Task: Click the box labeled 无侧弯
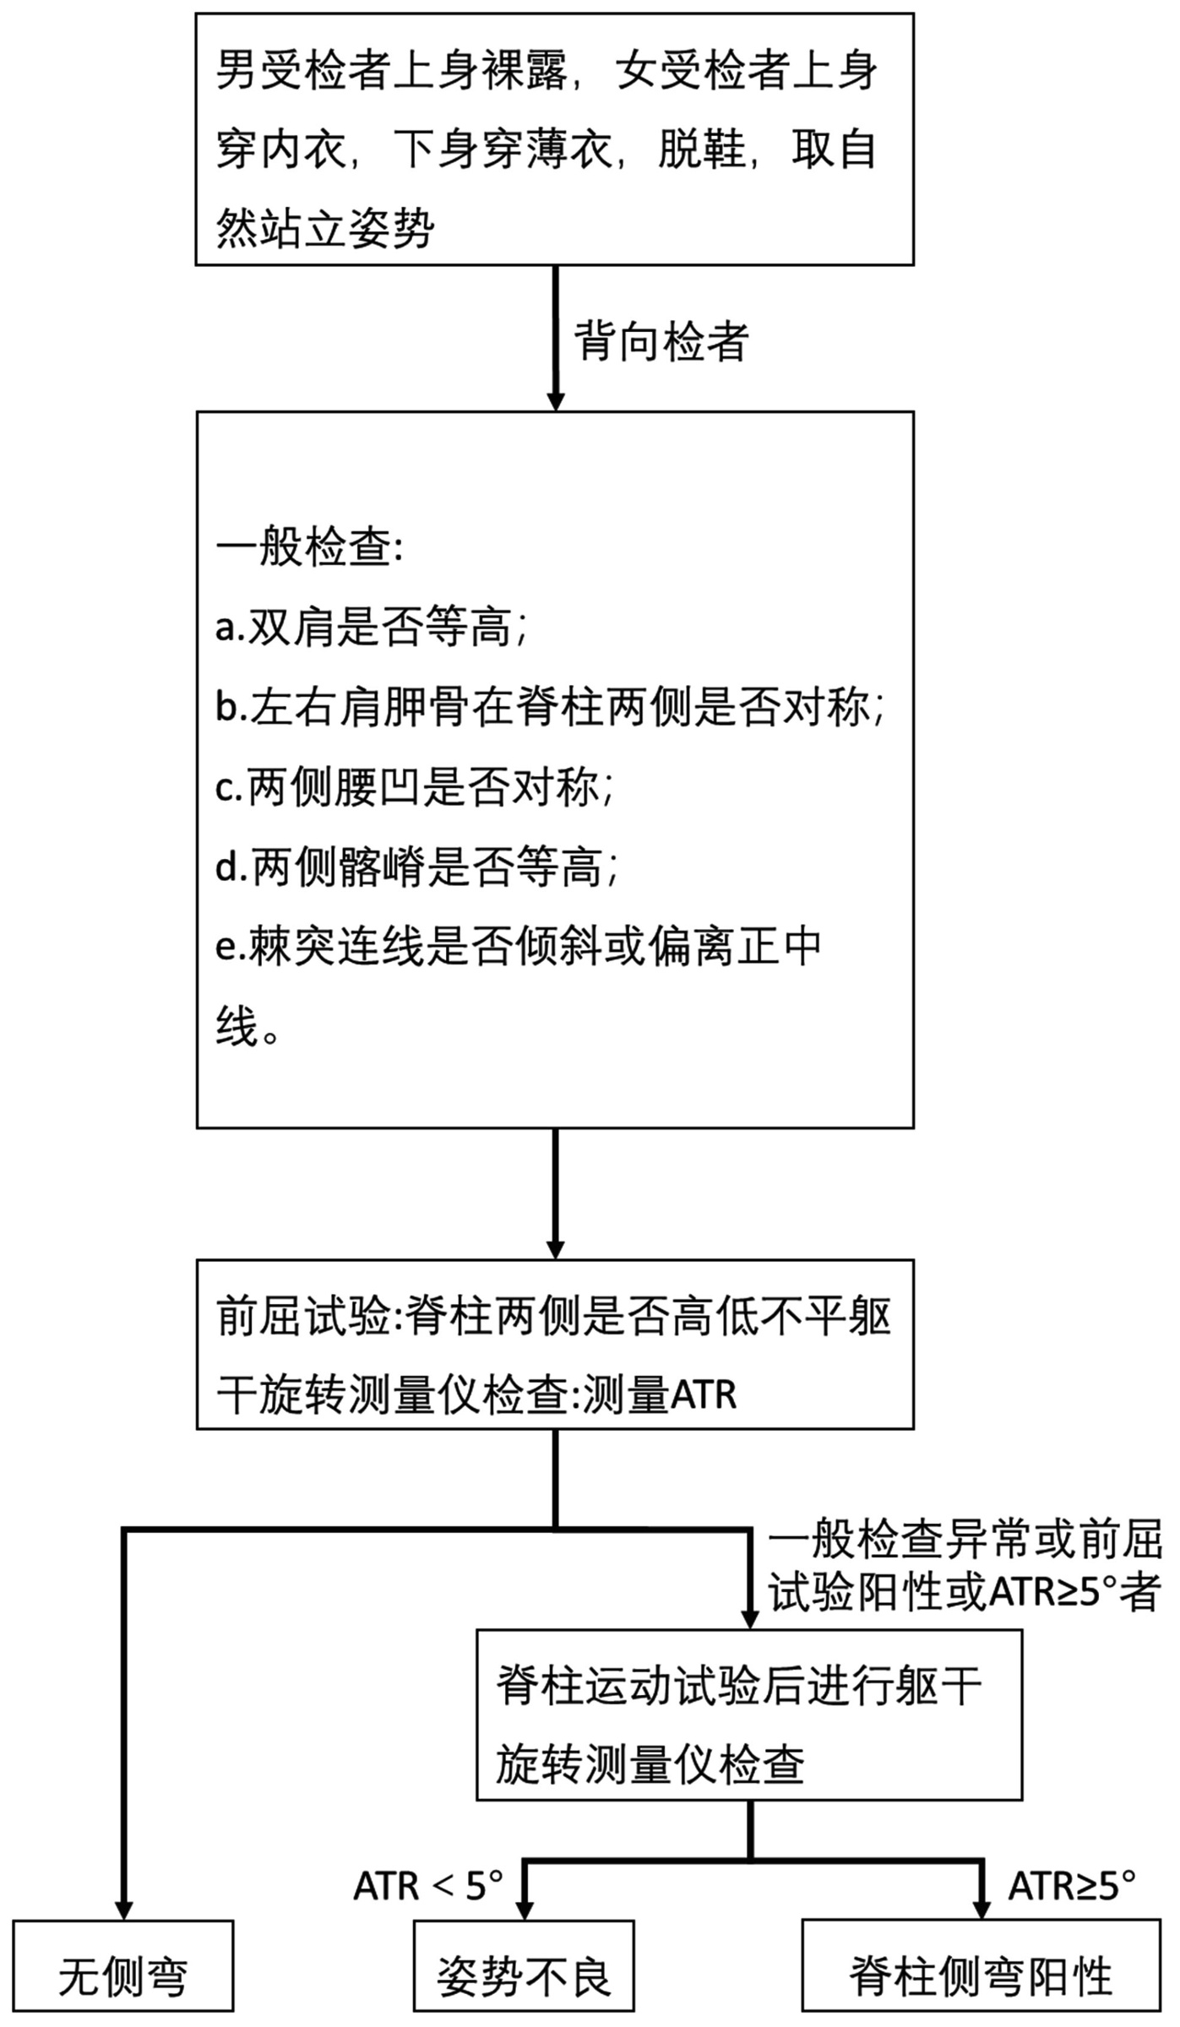click(123, 1976)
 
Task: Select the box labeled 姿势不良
click(524, 1976)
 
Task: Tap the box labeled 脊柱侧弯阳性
click(981, 1976)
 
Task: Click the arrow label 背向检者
click(661, 342)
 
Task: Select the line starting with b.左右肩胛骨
click(550, 707)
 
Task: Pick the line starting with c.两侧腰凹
click(414, 787)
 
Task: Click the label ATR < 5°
click(428, 1885)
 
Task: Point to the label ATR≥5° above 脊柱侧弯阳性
click(1072, 1885)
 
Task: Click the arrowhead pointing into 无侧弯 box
click(123, 1910)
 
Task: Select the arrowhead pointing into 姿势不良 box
click(524, 1910)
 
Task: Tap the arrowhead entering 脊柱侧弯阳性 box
click(981, 1910)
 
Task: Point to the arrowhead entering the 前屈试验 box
click(555, 1248)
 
